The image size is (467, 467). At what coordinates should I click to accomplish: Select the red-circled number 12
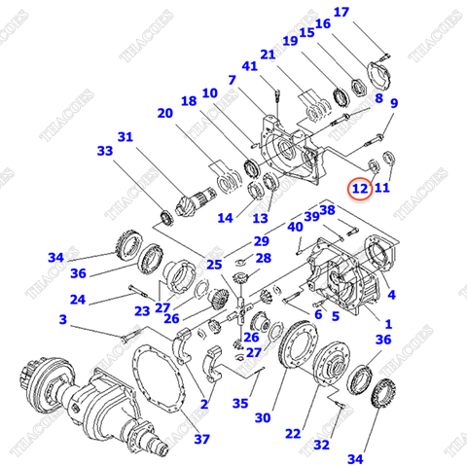(360, 187)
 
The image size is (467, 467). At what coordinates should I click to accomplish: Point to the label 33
(105, 151)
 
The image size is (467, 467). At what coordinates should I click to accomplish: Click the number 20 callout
(164, 114)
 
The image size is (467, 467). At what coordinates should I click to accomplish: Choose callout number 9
(394, 103)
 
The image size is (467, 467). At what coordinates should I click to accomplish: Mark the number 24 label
(78, 300)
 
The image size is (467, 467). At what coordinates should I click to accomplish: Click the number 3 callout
(63, 319)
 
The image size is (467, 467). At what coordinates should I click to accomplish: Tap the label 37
(201, 439)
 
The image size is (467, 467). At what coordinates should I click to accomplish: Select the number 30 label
(262, 418)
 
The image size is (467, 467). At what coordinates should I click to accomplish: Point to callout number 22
(293, 433)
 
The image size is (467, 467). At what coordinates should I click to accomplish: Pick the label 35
(239, 403)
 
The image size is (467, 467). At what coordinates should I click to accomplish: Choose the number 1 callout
(390, 323)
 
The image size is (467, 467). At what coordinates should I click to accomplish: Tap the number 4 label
(391, 294)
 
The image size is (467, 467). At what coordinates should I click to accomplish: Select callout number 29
(261, 240)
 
